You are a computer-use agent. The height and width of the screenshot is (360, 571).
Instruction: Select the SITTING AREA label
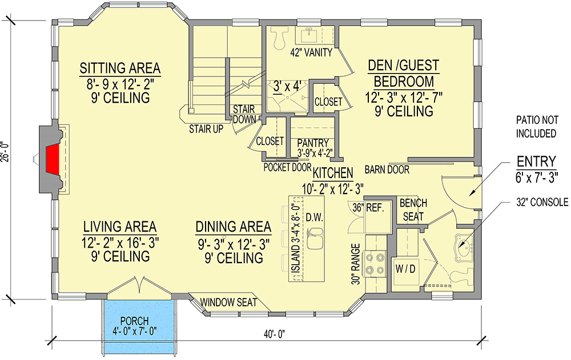click(120, 68)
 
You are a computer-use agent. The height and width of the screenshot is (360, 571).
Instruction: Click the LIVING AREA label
click(119, 226)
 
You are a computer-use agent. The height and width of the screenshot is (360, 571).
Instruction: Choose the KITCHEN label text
click(332, 172)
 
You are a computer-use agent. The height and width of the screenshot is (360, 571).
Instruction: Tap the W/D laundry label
click(404, 267)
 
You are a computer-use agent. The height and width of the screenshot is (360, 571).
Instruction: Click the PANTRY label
click(313, 143)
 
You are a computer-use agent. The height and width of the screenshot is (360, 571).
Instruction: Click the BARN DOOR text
click(387, 169)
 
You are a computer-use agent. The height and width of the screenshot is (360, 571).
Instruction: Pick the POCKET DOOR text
click(287, 167)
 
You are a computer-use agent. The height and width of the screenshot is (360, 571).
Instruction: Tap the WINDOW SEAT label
click(228, 302)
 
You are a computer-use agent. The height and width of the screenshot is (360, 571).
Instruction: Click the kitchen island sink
click(315, 238)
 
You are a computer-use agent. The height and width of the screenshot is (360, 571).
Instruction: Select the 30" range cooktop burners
click(376, 264)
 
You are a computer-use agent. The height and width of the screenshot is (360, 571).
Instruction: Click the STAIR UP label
click(206, 129)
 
